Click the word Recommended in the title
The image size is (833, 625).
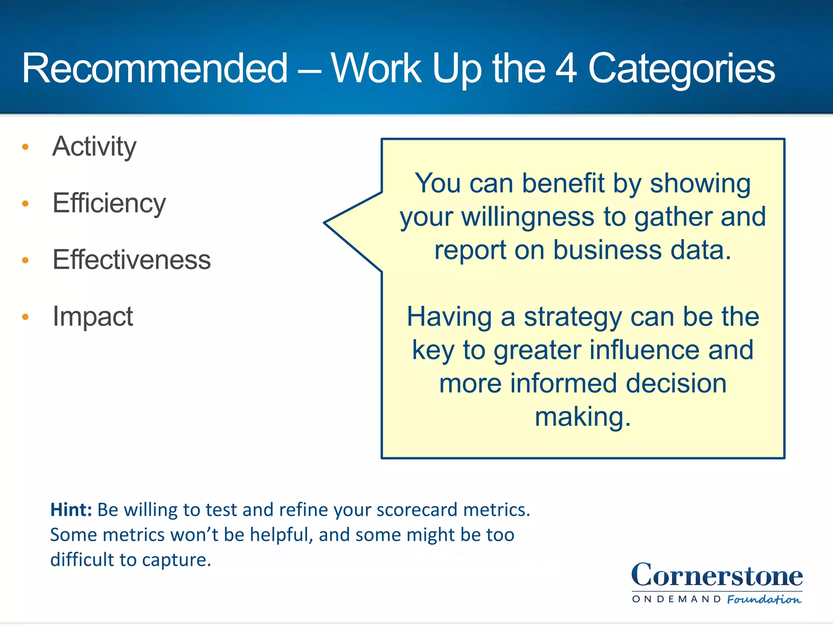155,68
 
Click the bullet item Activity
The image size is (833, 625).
94,146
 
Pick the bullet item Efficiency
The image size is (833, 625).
109,203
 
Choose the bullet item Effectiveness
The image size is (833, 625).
131,260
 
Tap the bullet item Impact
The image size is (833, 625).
93,316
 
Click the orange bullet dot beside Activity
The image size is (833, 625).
25,147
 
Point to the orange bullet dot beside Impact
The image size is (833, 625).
25,317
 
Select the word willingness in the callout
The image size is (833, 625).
528,217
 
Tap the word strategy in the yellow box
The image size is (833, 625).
572,317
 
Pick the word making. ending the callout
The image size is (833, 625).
582,417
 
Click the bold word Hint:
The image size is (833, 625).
71,510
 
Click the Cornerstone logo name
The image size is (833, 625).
717,575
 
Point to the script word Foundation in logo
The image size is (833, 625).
764,599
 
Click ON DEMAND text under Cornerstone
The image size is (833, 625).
676,599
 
